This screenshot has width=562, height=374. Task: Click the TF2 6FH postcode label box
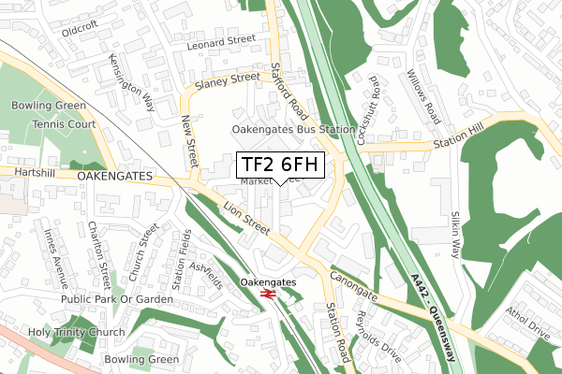(280, 165)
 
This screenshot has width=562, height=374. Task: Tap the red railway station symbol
(267, 295)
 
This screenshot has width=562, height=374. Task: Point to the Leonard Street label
(221, 41)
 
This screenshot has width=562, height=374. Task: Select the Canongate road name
(352, 285)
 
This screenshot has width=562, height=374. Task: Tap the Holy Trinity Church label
(63, 332)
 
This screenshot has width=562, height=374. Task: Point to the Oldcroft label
(80, 30)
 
